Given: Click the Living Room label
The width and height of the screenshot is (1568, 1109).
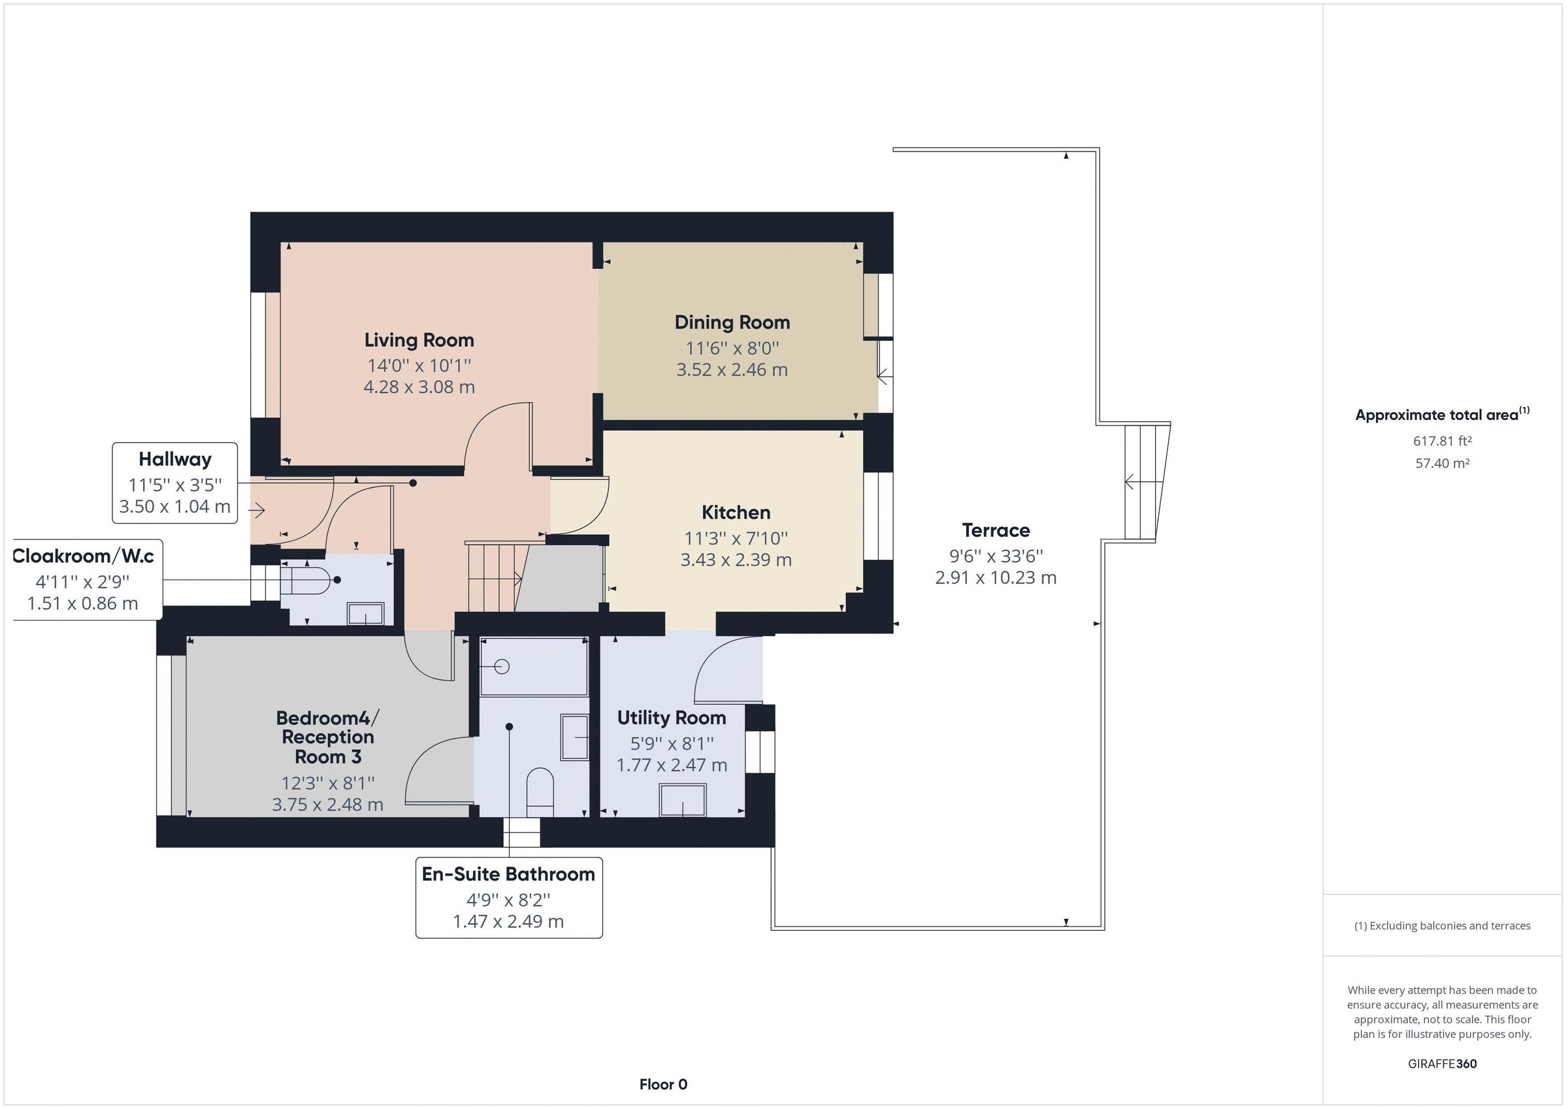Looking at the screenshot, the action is click(x=419, y=340).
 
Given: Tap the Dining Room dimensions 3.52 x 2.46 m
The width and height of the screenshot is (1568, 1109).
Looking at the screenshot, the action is click(x=732, y=370).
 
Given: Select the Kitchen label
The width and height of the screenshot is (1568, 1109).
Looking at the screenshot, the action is click(x=736, y=512).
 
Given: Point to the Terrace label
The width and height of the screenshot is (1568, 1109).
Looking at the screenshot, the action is click(x=996, y=530).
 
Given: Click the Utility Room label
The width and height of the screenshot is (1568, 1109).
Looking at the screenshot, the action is click(x=672, y=718).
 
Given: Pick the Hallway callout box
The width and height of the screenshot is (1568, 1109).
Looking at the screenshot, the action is click(x=175, y=483).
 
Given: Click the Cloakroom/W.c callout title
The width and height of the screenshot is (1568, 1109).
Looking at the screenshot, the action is click(x=84, y=556).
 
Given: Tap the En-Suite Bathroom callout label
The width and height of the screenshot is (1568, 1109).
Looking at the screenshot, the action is click(x=509, y=874).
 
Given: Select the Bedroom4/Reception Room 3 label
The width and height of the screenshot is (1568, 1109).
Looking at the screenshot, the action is click(x=328, y=737).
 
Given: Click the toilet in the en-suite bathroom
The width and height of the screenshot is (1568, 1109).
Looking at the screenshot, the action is click(x=540, y=792).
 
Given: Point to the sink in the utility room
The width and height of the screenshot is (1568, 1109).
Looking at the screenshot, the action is click(x=682, y=800).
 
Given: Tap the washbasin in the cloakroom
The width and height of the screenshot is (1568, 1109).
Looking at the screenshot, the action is click(x=366, y=613).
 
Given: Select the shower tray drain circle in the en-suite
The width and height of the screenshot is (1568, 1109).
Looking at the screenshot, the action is click(x=502, y=666).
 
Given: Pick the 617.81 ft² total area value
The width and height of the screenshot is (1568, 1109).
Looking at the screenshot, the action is click(x=1443, y=441).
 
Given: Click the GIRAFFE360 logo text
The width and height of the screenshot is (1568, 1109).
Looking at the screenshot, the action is click(x=1443, y=1063).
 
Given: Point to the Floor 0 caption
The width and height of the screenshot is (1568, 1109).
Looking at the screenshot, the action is click(x=663, y=1084).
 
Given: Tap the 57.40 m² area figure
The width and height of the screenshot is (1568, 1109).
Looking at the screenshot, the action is click(x=1443, y=463).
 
